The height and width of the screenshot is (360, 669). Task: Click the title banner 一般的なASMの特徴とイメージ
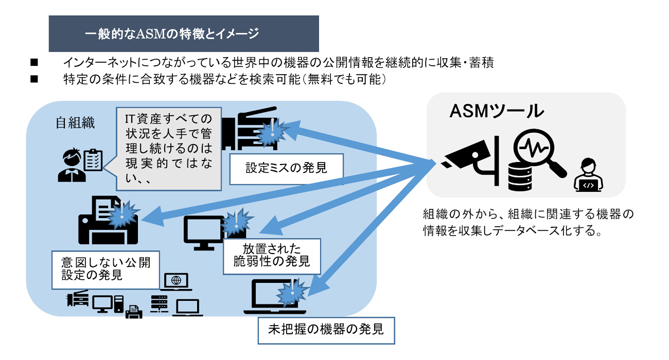(183, 34)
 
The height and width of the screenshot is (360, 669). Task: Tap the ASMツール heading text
(497, 111)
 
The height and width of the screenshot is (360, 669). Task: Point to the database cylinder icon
(520, 175)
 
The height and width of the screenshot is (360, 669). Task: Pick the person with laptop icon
(588, 175)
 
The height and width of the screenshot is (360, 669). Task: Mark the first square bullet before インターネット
(34, 63)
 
